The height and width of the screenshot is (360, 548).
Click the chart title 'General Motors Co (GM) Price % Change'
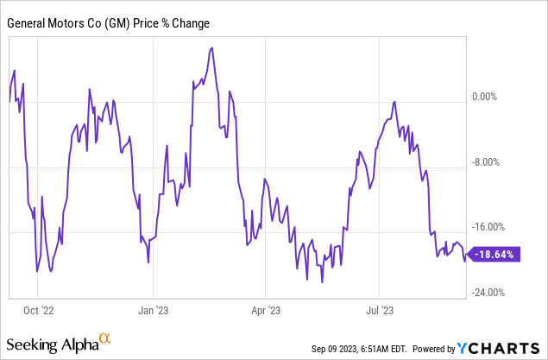click(x=108, y=23)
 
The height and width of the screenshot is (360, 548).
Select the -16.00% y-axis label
click(x=494, y=227)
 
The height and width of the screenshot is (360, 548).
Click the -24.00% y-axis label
click(x=494, y=292)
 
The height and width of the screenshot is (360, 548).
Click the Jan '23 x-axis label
click(x=153, y=307)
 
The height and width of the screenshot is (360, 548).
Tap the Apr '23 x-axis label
click(x=267, y=307)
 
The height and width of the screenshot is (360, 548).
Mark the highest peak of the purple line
click(x=211, y=48)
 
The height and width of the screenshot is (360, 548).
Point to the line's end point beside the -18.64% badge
click(x=466, y=260)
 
